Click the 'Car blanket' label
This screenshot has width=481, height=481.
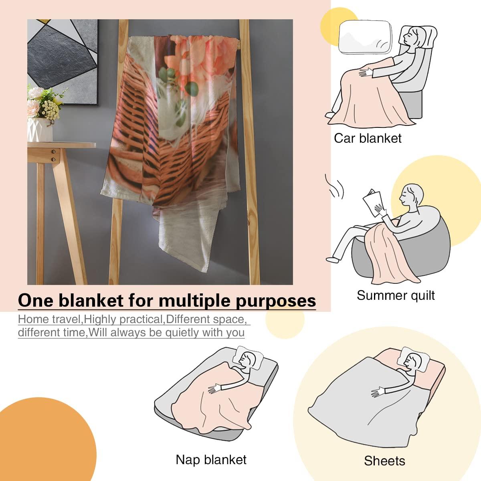[368, 138]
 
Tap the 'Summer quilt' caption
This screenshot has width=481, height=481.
[396, 295]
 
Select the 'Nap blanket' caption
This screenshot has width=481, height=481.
[211, 460]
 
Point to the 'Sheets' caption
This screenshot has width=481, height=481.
[384, 461]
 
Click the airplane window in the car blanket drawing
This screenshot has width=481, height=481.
[365, 37]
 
